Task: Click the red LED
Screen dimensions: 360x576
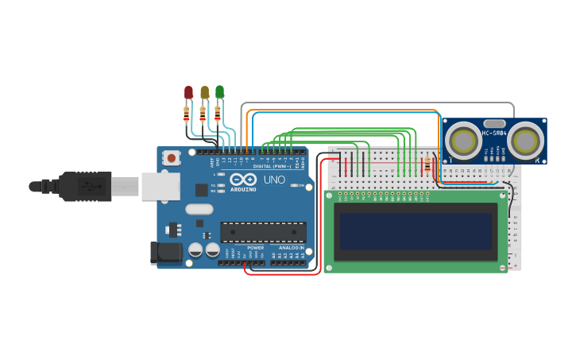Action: (x=188, y=92)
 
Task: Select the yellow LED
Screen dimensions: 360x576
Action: (x=204, y=92)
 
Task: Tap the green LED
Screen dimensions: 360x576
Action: (x=220, y=92)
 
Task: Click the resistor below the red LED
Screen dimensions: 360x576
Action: (x=187, y=114)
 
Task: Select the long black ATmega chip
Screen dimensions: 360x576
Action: (x=263, y=231)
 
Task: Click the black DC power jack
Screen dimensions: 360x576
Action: (x=165, y=254)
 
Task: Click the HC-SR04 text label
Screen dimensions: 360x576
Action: (x=494, y=133)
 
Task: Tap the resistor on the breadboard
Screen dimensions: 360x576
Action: (x=428, y=165)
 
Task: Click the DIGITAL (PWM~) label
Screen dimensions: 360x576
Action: (x=272, y=167)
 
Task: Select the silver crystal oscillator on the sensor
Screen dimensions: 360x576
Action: (x=494, y=122)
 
